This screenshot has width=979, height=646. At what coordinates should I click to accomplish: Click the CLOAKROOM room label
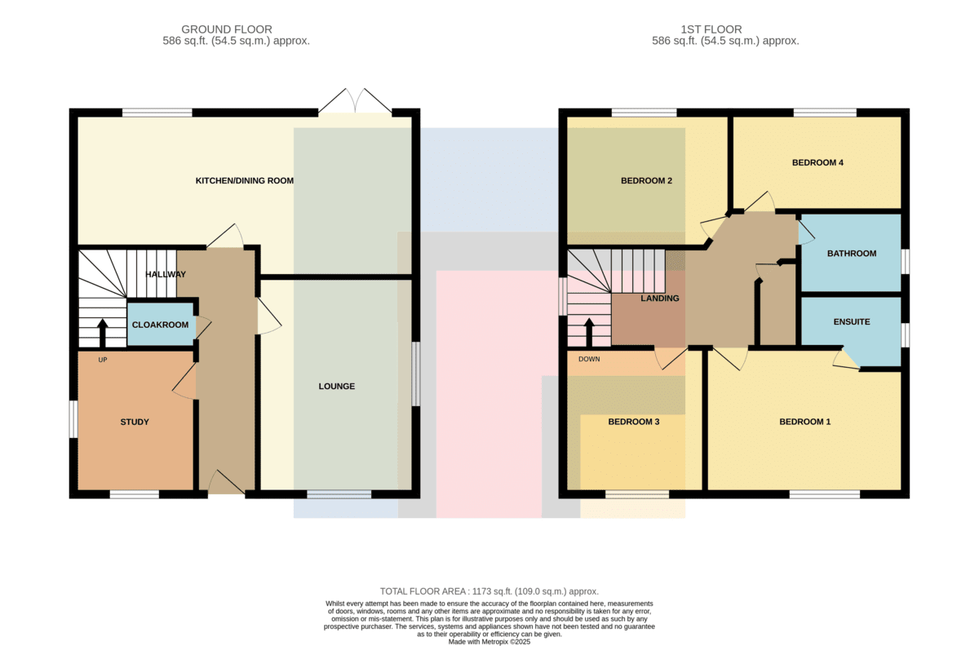click(161, 325)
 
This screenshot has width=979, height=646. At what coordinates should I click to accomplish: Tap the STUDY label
click(135, 422)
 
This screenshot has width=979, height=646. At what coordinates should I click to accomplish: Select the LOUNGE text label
click(336, 386)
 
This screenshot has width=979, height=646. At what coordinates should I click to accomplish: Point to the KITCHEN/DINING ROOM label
click(244, 180)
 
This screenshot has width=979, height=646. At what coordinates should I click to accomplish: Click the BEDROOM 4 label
click(817, 162)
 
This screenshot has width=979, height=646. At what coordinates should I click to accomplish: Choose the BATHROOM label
click(852, 254)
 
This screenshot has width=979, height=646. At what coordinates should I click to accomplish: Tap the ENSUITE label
click(852, 321)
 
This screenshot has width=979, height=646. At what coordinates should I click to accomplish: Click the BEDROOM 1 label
click(805, 422)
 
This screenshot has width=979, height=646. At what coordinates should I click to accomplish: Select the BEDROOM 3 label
click(634, 422)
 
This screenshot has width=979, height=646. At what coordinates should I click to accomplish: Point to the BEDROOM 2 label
click(646, 180)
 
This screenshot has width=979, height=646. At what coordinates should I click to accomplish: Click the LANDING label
click(660, 298)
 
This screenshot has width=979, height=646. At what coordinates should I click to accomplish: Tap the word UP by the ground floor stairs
click(103, 360)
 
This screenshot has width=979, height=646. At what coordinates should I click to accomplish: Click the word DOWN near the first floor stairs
click(589, 359)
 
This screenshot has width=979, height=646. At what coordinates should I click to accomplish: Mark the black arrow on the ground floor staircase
click(103, 333)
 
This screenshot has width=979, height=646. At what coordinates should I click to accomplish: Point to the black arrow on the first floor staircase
click(589, 332)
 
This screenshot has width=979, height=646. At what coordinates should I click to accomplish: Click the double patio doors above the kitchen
click(355, 101)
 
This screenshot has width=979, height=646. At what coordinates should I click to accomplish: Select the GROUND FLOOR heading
click(227, 29)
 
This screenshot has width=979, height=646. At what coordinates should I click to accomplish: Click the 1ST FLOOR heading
click(711, 29)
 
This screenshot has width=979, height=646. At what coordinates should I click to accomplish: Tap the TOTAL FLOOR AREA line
click(489, 591)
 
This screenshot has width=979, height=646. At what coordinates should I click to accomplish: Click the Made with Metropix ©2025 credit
click(489, 642)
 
